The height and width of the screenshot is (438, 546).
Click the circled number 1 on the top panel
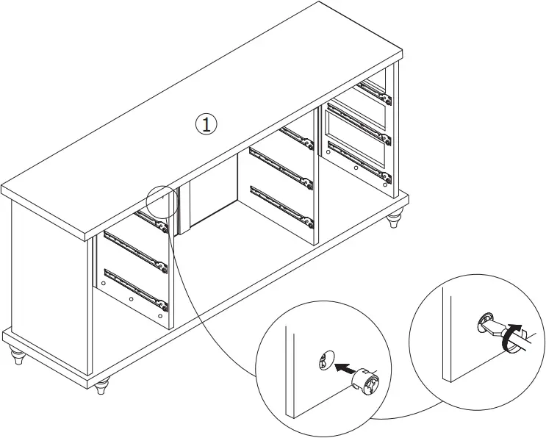click(x=206, y=123)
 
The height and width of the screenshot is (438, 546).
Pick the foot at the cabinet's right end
click(x=395, y=218)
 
